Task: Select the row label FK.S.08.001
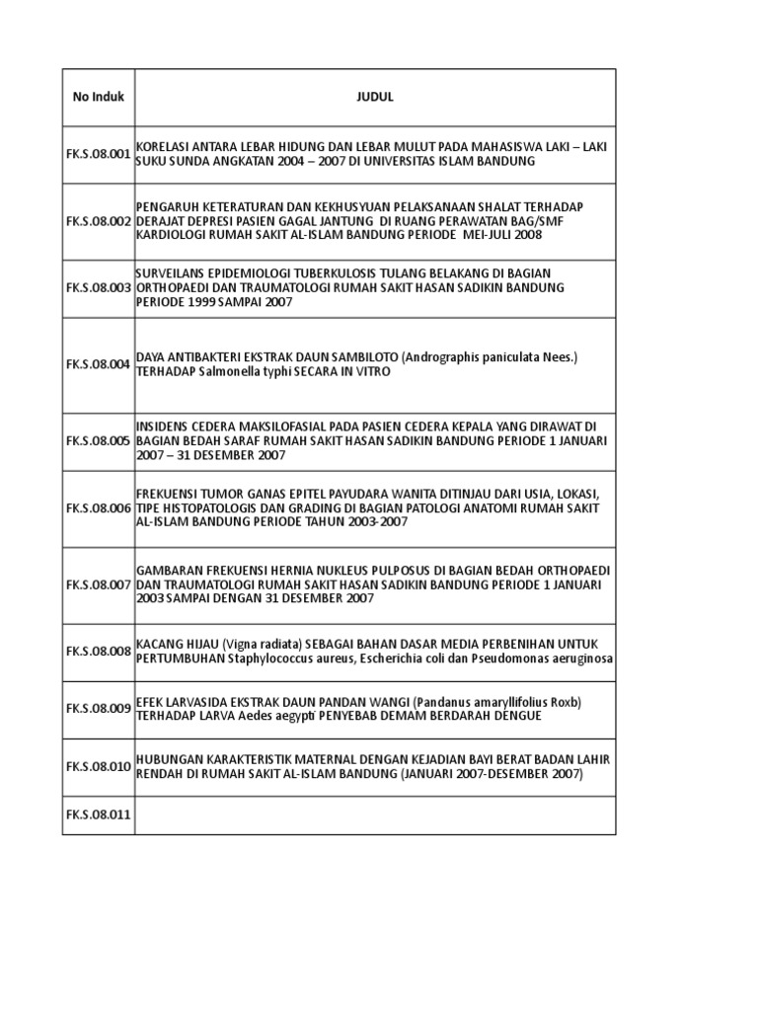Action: click(x=99, y=153)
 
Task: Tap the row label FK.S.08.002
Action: click(x=99, y=221)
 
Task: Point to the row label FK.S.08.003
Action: click(x=99, y=287)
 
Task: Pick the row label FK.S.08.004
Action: click(x=99, y=364)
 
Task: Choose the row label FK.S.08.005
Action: click(x=99, y=440)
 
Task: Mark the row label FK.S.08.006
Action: click(x=99, y=507)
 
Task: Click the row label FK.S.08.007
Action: click(x=99, y=584)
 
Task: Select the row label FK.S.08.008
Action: click(x=99, y=652)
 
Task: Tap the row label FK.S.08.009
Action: click(x=99, y=708)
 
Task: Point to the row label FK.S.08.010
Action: click(x=99, y=766)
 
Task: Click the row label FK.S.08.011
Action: click(x=99, y=816)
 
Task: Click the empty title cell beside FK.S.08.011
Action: click(x=375, y=816)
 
